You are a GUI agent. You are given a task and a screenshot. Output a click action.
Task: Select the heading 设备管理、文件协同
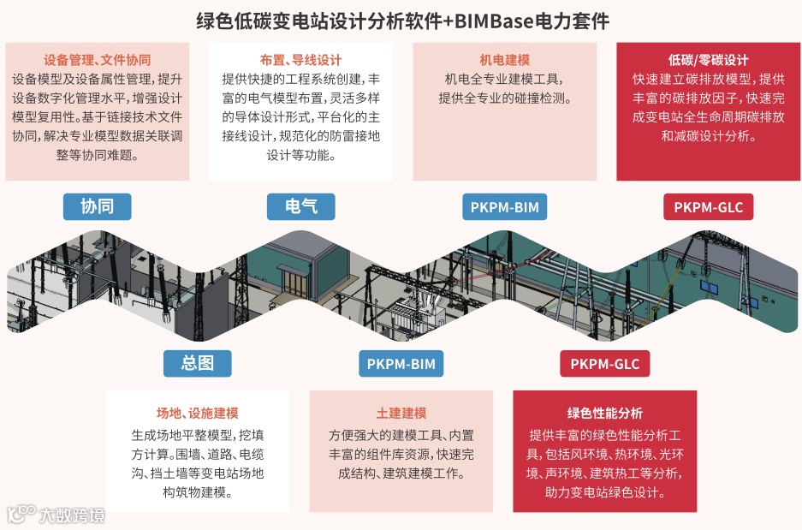[x=97, y=60]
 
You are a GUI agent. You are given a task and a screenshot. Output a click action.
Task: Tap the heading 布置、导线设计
[x=300, y=60]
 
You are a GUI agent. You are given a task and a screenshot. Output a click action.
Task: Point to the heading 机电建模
[x=504, y=60]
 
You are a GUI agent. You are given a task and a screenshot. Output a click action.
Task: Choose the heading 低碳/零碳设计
[x=708, y=60]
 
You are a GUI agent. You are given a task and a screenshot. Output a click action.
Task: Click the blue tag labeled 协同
[x=97, y=206]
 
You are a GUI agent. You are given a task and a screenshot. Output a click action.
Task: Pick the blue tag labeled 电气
[x=300, y=206]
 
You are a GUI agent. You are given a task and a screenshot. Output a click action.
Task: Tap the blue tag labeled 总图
[x=198, y=363]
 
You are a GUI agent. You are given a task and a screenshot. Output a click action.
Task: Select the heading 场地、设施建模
[x=197, y=413]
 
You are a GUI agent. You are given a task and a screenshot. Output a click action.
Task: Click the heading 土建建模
[x=401, y=413]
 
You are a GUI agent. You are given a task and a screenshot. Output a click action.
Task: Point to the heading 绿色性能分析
[x=604, y=413]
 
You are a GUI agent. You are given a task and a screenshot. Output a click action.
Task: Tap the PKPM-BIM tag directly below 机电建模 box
[x=504, y=207]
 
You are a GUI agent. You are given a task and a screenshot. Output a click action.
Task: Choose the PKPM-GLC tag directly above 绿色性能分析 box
[x=604, y=364]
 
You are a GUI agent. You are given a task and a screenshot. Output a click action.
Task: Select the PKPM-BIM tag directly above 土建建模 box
[x=401, y=364]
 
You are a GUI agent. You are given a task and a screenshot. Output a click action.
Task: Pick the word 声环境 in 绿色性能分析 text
[x=555, y=473]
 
